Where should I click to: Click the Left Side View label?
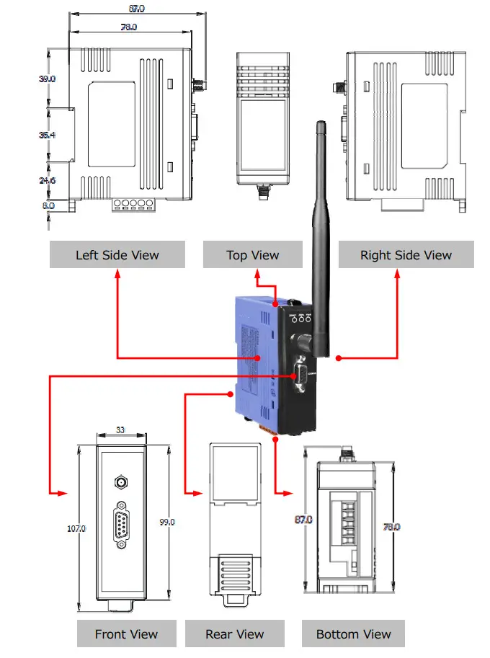(x=117, y=254)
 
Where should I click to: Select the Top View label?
(x=253, y=254)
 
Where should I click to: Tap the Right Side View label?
(x=406, y=254)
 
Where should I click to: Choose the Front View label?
(x=126, y=633)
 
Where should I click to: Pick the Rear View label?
(x=235, y=633)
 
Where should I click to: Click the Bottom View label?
(x=353, y=633)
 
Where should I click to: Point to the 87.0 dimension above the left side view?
(x=135, y=9)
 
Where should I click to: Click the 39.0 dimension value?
(x=48, y=79)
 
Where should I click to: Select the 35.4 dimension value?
(x=48, y=135)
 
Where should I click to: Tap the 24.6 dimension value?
(x=48, y=180)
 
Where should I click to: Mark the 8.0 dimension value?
(x=48, y=205)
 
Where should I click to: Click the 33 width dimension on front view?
(x=120, y=430)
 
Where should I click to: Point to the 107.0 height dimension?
(x=76, y=528)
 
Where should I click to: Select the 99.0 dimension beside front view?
(x=166, y=522)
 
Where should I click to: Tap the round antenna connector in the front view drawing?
(x=121, y=481)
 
